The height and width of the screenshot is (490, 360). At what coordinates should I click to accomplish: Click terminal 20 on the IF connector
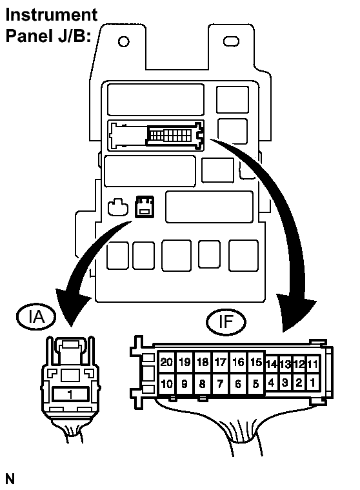pos(166,362)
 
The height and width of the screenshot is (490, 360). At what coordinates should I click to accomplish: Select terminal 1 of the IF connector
pos(313,382)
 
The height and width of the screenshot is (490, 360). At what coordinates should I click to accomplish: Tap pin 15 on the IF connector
pos(256,362)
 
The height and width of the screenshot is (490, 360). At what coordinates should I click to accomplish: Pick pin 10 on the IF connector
pos(166,383)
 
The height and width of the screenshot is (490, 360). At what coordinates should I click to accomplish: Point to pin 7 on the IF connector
pos(221,383)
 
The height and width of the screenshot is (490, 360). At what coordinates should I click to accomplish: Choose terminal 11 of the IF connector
pos(313,364)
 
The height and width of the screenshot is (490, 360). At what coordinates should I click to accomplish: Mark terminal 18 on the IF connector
pos(203,362)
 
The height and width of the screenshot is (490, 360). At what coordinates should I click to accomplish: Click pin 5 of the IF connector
pos(256,383)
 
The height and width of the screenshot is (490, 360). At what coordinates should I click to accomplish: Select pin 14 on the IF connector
pos(272,364)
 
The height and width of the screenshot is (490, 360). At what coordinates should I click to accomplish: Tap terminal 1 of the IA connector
pos(70,394)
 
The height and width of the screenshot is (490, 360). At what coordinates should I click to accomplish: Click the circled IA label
pos(36,316)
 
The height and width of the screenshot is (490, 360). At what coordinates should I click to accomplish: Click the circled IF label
pos(226,322)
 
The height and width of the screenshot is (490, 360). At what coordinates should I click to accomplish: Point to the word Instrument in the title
pos(52,15)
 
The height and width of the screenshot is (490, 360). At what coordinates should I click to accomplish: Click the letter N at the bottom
pos(10,479)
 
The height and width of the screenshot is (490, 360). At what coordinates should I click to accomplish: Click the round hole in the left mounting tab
pos(124,41)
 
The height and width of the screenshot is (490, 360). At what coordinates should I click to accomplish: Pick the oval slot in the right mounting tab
pos(231,41)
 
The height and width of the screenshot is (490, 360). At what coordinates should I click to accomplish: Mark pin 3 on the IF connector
pos(285,382)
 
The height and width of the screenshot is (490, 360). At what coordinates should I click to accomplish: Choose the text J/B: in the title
pos(74,36)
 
